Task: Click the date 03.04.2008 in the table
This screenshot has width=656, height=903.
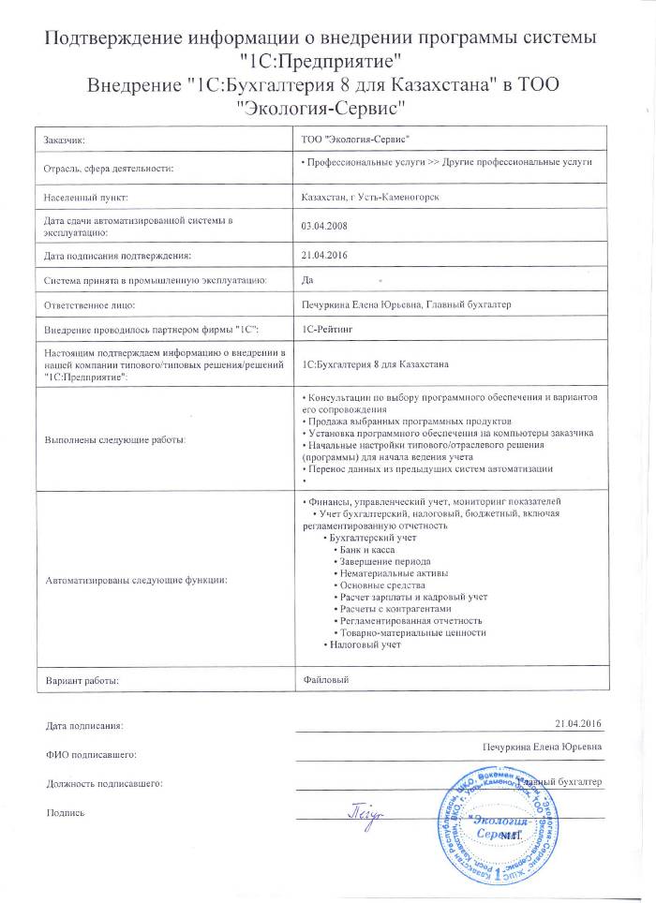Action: point(321,226)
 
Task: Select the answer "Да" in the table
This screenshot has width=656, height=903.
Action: point(307,279)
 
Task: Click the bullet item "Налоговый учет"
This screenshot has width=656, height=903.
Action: point(365,645)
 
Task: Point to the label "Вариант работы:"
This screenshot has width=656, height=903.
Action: point(83,679)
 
